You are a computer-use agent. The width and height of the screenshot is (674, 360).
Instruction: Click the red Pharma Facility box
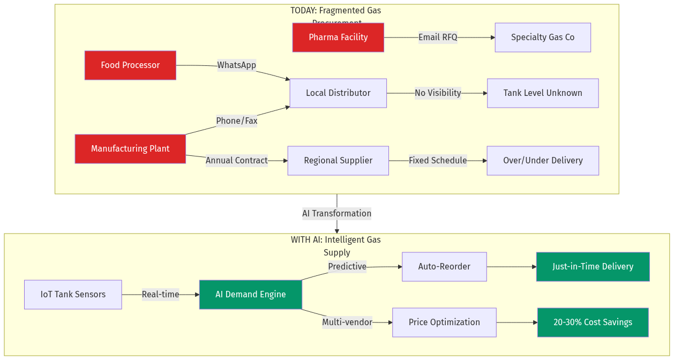[338, 37]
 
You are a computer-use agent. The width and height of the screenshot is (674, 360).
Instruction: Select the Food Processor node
[130, 65]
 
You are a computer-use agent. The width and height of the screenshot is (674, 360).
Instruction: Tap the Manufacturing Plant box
[130, 149]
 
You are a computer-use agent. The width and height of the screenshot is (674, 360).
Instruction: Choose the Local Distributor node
[338, 93]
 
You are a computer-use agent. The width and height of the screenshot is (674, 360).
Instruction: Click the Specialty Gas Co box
[543, 37]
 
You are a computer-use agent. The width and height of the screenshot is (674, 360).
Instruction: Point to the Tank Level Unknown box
[543, 93]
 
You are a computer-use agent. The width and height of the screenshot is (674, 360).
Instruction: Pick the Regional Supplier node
[338, 161]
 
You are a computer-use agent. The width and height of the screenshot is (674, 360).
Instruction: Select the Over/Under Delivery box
[543, 161]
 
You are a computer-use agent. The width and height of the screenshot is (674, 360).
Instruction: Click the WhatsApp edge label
[236, 65]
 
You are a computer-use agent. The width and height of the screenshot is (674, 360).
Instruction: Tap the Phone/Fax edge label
[236, 121]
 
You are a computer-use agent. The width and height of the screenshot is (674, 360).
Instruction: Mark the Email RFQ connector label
[438, 37]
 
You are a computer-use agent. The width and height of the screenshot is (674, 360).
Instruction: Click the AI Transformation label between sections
[337, 214]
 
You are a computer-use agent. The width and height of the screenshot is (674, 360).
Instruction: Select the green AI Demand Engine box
[251, 295]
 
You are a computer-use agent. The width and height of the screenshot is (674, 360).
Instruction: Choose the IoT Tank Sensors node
[73, 295]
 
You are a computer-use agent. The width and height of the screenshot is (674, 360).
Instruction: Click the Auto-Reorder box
[444, 267]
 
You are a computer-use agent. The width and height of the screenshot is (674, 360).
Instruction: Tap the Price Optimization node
[444, 322]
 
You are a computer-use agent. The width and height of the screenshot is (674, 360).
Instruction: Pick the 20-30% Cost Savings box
[593, 322]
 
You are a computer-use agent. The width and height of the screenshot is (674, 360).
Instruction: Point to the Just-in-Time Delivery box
[593, 267]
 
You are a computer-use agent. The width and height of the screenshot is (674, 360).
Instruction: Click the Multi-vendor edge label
[347, 322]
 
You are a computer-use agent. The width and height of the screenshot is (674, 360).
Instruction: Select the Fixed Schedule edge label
[438, 161]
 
